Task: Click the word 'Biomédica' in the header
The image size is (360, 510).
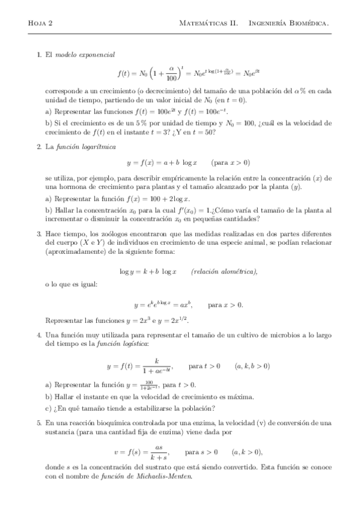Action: click(x=305, y=23)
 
